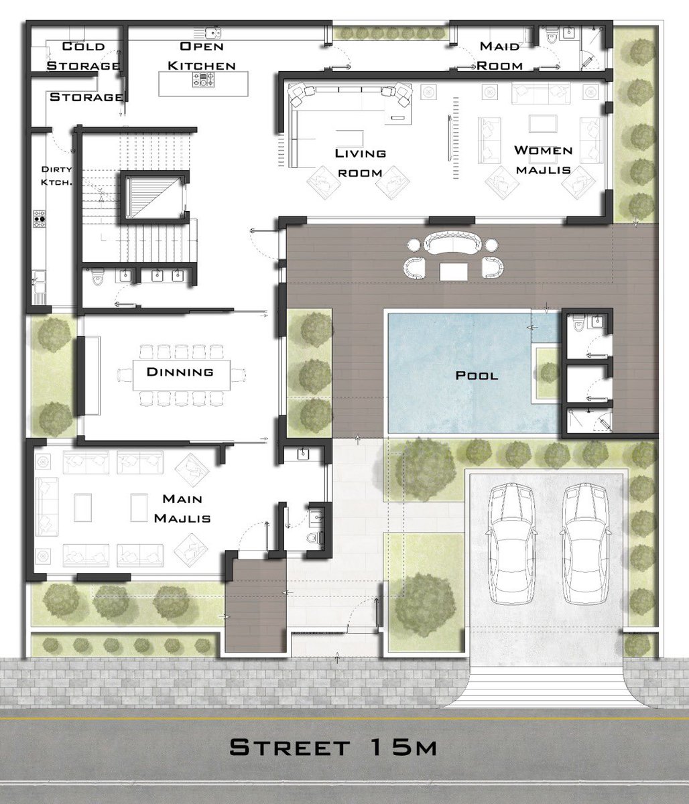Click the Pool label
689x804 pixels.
[477, 376]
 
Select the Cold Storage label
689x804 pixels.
[83, 56]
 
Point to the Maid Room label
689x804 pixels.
[499, 56]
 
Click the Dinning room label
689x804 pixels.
[180, 372]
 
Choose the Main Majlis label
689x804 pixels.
[182, 509]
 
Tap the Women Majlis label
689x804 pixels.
[543, 160]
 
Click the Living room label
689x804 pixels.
[361, 163]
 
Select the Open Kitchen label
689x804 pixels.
[202, 56]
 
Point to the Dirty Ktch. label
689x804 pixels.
[56, 176]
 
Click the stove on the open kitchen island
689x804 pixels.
[203, 80]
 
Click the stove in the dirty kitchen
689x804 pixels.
[39, 218]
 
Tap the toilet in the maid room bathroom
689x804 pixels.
[550, 36]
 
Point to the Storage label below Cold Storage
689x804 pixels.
[86, 97]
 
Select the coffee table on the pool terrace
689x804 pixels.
[454, 271]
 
